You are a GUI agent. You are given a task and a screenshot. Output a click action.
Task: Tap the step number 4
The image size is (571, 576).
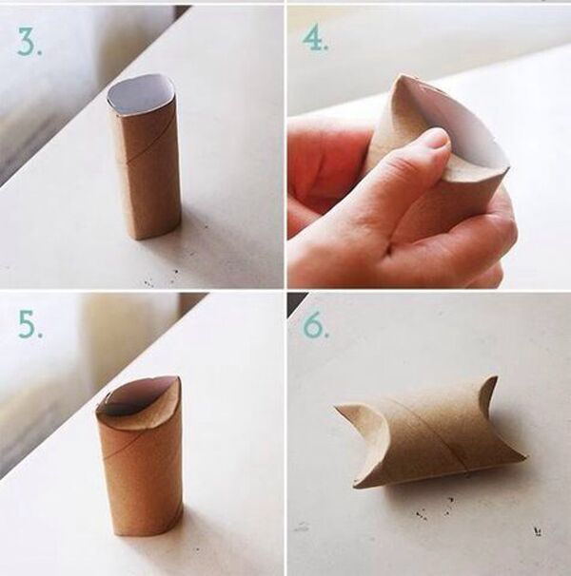tap(315, 39)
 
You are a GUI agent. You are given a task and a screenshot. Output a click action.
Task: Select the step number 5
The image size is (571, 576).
tap(30, 324)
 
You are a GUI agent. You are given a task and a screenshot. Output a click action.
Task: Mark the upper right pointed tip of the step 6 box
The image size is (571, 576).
tap(497, 376)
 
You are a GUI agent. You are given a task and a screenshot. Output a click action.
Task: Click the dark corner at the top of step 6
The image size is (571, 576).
tap(296, 302)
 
